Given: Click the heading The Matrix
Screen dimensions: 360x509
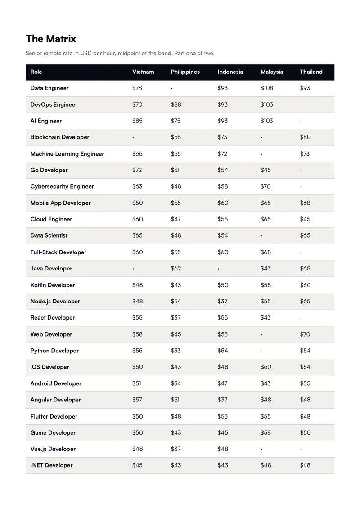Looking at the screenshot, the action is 51,39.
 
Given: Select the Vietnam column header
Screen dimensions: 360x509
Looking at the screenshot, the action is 143,72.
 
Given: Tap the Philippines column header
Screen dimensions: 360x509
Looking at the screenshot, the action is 185,72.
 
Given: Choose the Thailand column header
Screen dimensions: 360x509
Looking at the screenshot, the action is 311,72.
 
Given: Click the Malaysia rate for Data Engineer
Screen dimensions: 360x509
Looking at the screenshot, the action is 267,88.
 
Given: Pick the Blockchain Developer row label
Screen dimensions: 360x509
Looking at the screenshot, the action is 60,137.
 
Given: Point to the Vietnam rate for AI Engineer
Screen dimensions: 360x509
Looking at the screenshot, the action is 137,121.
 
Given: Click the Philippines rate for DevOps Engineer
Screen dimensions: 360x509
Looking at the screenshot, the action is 176,104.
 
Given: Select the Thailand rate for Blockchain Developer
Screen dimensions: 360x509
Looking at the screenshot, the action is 306,137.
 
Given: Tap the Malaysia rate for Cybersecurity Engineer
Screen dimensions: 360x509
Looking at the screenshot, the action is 265,186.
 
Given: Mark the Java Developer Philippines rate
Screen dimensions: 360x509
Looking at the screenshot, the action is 176,269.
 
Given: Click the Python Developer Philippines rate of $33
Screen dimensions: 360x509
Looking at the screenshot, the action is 176,351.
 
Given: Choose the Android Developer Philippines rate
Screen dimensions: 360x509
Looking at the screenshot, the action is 176,383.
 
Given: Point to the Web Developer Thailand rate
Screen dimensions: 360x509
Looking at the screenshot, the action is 305,334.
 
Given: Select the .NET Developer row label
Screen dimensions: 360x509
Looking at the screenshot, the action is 52,465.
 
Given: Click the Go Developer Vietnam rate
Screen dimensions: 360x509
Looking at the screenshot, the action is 137,170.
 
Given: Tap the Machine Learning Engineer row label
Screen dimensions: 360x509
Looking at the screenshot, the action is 67,154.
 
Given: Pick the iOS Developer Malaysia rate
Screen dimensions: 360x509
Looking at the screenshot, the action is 266,367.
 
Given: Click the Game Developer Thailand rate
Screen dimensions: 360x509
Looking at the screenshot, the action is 306,432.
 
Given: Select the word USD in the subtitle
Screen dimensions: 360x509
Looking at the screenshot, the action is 86,53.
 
